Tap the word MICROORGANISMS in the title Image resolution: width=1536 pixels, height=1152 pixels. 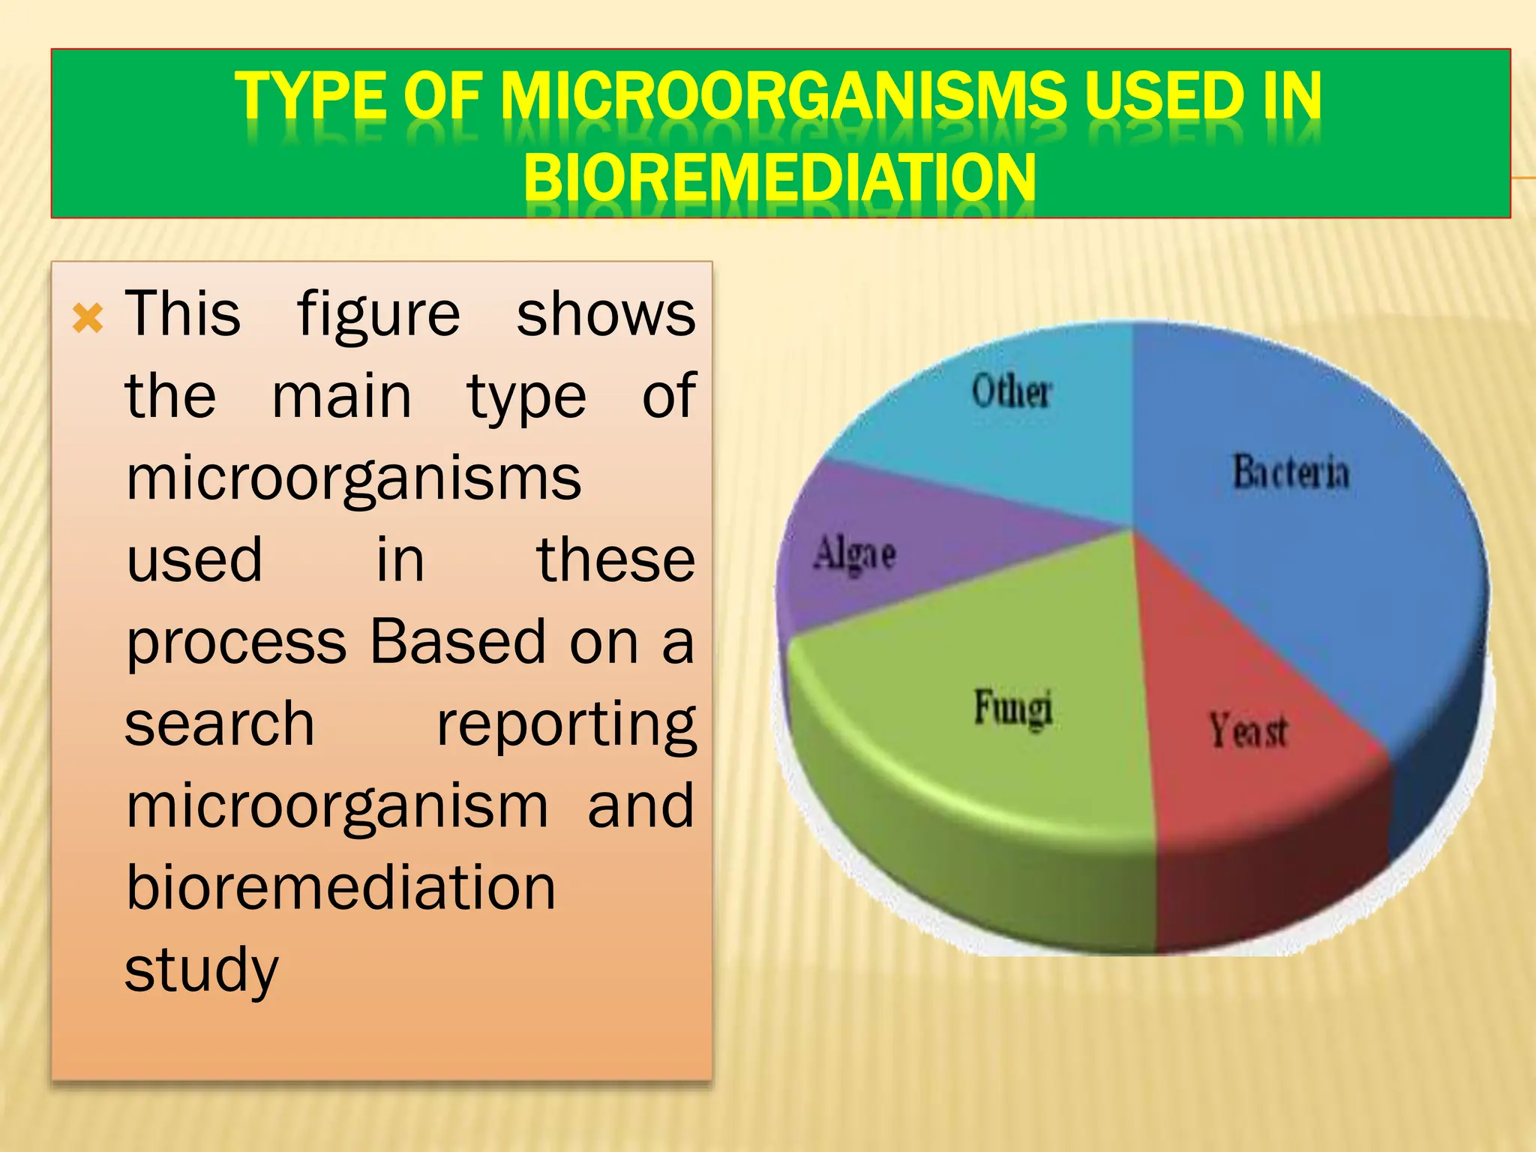(x=783, y=96)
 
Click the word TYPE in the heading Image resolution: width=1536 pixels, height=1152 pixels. (x=310, y=96)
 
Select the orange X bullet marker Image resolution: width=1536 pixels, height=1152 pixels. (x=88, y=319)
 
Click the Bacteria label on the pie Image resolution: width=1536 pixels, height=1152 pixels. (x=1291, y=472)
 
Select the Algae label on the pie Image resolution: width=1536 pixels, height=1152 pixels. (x=855, y=554)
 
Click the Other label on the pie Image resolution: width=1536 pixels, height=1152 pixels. (x=1012, y=391)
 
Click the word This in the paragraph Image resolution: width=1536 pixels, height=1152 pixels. (x=183, y=314)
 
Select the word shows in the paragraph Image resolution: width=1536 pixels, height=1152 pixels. (x=606, y=314)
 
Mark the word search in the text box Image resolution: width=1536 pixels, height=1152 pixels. (x=219, y=724)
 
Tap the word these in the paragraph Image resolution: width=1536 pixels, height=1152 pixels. (x=616, y=560)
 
